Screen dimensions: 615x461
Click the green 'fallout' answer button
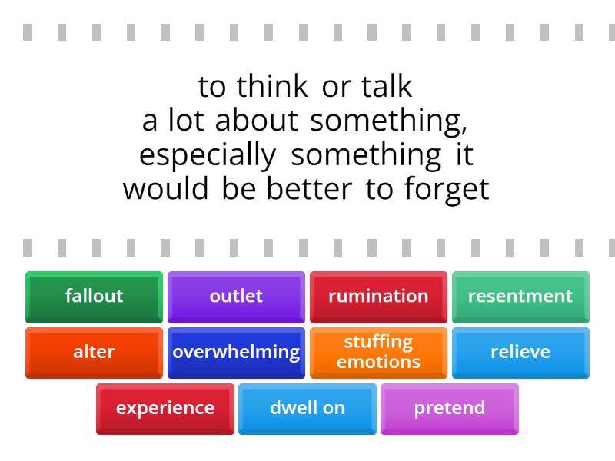click(94, 297)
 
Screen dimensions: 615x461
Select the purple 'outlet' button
click(236, 297)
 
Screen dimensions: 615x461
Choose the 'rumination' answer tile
click(378, 297)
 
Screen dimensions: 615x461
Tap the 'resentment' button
click(520, 297)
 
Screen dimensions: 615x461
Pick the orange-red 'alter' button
click(94, 353)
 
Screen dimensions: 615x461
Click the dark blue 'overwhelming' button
click(236, 353)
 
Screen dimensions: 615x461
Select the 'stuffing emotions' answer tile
click(378, 353)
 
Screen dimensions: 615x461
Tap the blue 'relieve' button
click(520, 353)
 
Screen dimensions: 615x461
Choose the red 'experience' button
click(165, 409)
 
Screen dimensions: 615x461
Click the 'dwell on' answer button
click(307, 409)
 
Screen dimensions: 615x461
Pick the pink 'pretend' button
click(450, 409)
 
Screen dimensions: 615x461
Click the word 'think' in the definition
click(272, 86)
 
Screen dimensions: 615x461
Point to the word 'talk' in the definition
click(387, 86)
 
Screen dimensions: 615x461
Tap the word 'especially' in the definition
click(208, 156)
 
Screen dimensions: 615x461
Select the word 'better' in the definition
click(309, 189)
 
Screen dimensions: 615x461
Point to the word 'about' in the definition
click(257, 120)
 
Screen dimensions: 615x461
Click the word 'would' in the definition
click(165, 189)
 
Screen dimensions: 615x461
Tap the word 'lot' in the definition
click(186, 120)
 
